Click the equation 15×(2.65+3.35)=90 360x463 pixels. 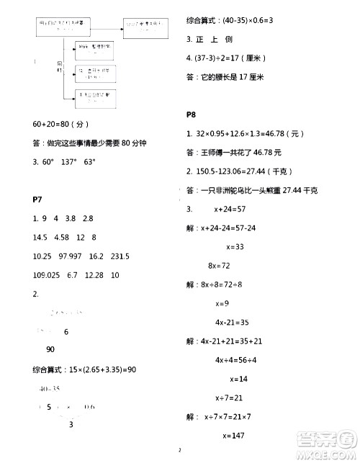pyautogui.click(x=85, y=370)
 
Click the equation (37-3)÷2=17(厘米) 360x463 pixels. pyautogui.click(x=230, y=58)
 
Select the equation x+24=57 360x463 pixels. pyautogui.click(x=230, y=209)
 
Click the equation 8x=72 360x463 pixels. pyautogui.click(x=220, y=266)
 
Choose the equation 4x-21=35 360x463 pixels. pyautogui.click(x=230, y=322)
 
